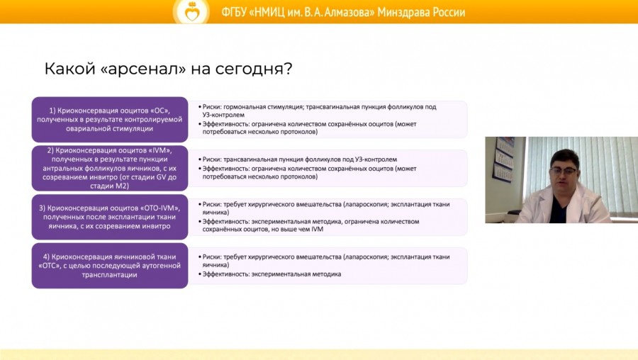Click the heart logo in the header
pos(192,12)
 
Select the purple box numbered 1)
pos(110,120)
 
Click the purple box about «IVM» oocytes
pos(110,168)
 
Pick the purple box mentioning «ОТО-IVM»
pos(110,217)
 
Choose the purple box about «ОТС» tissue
pos(110,266)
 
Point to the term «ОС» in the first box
pos(159,111)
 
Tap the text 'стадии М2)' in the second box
pos(109,186)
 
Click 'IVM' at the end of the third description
pos(317,230)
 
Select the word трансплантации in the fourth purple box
pos(109,275)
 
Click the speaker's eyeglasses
pos(564,171)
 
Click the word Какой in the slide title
pos(70,69)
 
